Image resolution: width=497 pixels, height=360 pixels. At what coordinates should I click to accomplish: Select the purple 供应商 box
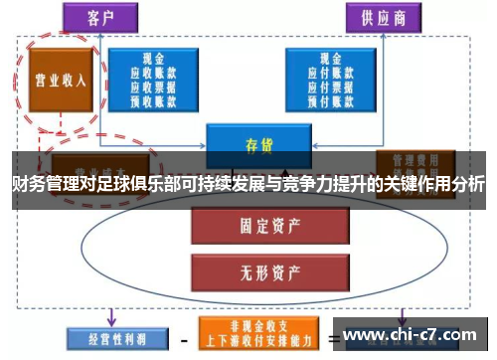(379, 18)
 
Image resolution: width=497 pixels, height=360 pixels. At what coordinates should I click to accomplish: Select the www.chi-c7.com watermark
(414, 335)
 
